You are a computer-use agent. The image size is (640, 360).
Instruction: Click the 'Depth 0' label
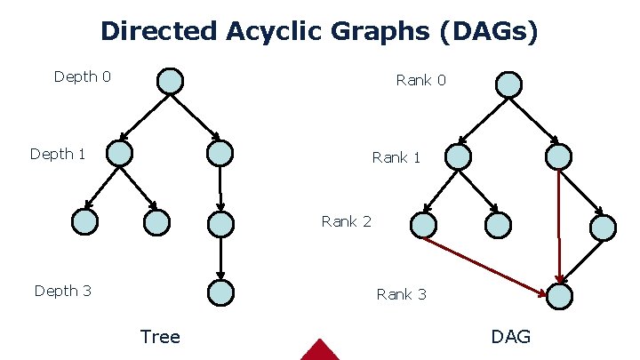tap(82, 76)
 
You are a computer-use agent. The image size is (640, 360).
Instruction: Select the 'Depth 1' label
tap(58, 154)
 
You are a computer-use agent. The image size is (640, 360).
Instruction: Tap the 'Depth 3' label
tap(62, 290)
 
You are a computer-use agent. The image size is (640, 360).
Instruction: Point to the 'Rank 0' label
tap(420, 80)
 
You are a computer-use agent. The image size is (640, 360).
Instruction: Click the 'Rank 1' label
tap(396, 157)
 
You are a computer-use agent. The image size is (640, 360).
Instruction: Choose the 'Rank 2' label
tap(346, 221)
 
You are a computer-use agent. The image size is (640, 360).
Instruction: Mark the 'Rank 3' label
tap(401, 293)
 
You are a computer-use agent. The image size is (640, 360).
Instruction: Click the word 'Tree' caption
tap(160, 336)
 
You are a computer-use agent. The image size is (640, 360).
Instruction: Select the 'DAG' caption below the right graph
tap(510, 336)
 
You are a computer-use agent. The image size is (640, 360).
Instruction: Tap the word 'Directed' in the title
tap(157, 31)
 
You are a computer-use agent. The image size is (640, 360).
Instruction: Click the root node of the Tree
tap(170, 81)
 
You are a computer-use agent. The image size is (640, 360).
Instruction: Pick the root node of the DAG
tap(508, 84)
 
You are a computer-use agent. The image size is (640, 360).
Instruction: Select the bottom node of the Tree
tap(220, 292)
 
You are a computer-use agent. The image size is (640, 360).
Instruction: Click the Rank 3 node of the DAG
tap(559, 296)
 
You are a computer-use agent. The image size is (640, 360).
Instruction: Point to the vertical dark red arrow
tap(559, 222)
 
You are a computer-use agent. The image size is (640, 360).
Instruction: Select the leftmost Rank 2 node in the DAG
tap(424, 225)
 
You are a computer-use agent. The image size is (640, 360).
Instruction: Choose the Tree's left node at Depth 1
tap(119, 154)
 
